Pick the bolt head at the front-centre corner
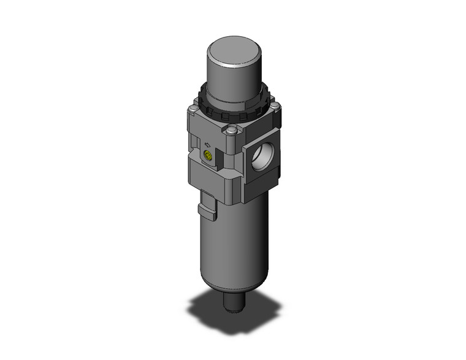click(231, 130)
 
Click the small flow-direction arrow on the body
click(207, 146)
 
